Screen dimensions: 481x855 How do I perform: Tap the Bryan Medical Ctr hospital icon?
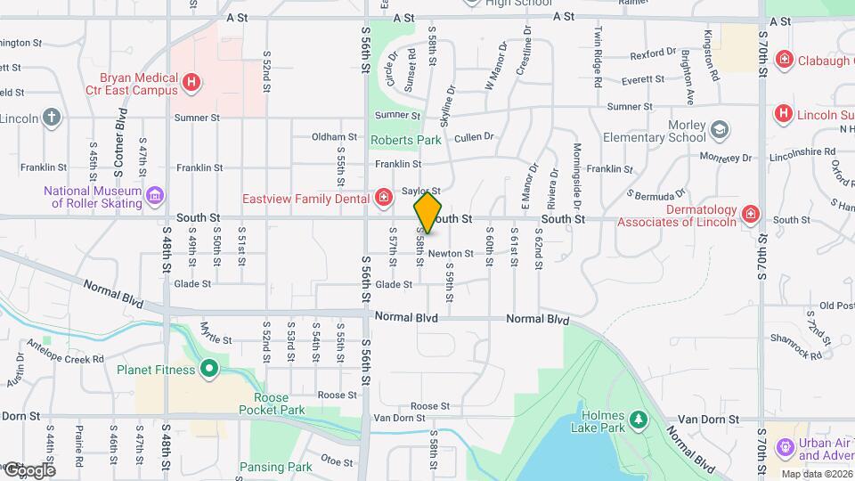(191, 84)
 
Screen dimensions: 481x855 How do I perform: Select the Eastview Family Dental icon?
(384, 198)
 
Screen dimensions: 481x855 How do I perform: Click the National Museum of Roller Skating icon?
(155, 195)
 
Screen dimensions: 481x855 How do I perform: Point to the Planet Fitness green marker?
(209, 369)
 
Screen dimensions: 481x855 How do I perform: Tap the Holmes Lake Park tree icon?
(637, 420)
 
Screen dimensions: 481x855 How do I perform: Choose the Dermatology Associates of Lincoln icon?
(751, 215)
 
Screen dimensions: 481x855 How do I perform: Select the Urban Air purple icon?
(785, 445)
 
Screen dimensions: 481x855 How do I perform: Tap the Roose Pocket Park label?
(279, 404)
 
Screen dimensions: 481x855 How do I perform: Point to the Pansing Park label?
(275, 467)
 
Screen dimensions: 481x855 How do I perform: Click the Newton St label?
(451, 254)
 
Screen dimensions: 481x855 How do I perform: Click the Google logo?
(29, 469)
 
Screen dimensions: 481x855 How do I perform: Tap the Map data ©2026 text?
(817, 474)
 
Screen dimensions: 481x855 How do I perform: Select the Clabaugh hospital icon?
(785, 61)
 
